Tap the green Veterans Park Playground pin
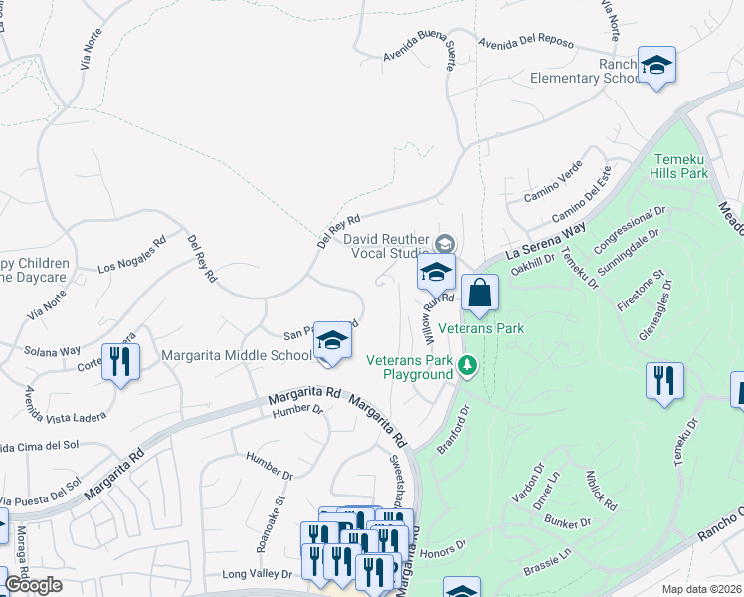point(466,368)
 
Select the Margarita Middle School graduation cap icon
point(333,341)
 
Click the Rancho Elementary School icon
point(655,66)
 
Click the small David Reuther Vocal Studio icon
point(445,242)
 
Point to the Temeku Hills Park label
point(679,165)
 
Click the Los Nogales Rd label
point(131,256)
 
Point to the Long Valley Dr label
point(257,574)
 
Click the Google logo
point(34,585)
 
